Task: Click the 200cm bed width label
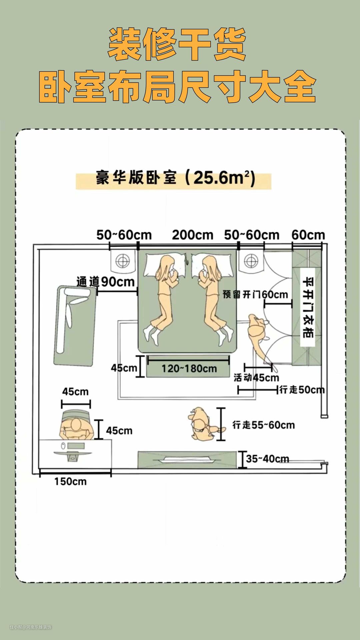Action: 192,235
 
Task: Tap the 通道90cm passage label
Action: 105,282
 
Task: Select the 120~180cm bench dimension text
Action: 189,369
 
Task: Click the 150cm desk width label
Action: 70,481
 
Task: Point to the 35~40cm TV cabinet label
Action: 267,459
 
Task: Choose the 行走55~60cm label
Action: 263,425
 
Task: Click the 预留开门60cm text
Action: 255,295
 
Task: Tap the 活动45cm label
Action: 256,378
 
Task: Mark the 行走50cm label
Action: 302,390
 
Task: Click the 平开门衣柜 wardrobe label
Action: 308,307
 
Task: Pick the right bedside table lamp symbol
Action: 251,261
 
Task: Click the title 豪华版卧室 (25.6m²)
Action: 175,178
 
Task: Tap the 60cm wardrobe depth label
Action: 308,235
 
